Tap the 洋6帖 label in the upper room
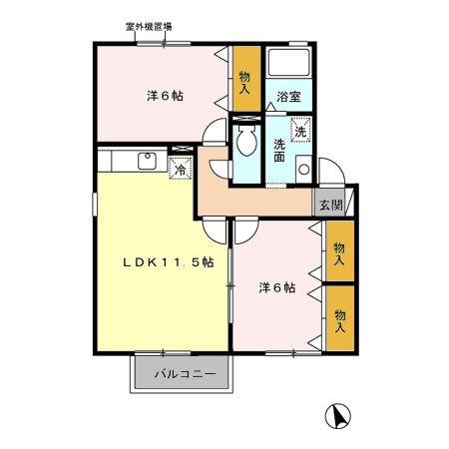[x=165, y=96]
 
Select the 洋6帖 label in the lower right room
[x=276, y=287]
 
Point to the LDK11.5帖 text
[x=169, y=262]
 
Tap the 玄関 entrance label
[x=330, y=206]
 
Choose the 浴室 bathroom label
[x=289, y=97]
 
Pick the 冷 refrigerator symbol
[x=180, y=171]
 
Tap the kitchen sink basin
[x=146, y=160]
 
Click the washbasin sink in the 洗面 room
[x=302, y=167]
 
